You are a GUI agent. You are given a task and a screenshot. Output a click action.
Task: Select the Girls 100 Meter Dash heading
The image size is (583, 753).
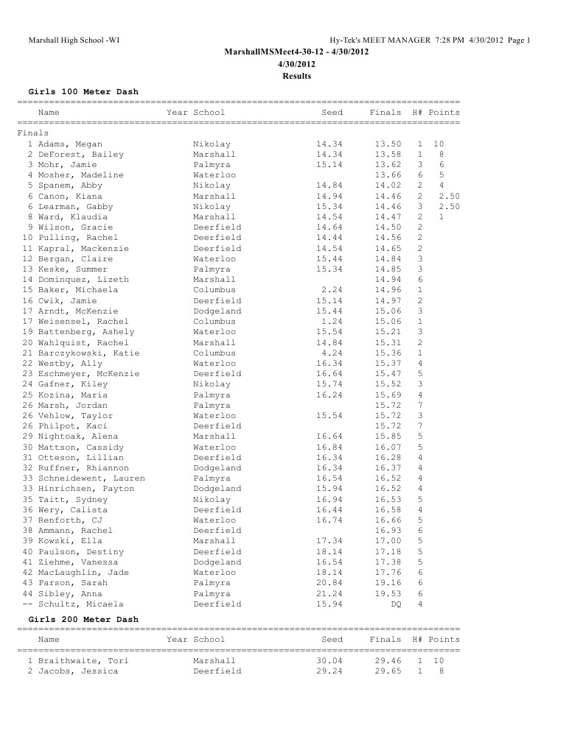click(x=83, y=91)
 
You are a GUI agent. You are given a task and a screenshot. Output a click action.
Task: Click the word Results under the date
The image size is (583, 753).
click(x=296, y=76)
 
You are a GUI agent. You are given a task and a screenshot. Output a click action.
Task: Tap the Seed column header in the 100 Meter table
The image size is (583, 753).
click(x=332, y=113)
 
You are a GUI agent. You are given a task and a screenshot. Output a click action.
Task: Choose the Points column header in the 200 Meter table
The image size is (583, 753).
click(x=444, y=640)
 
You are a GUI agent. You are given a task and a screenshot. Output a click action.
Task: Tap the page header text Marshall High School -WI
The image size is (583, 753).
click(x=74, y=40)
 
